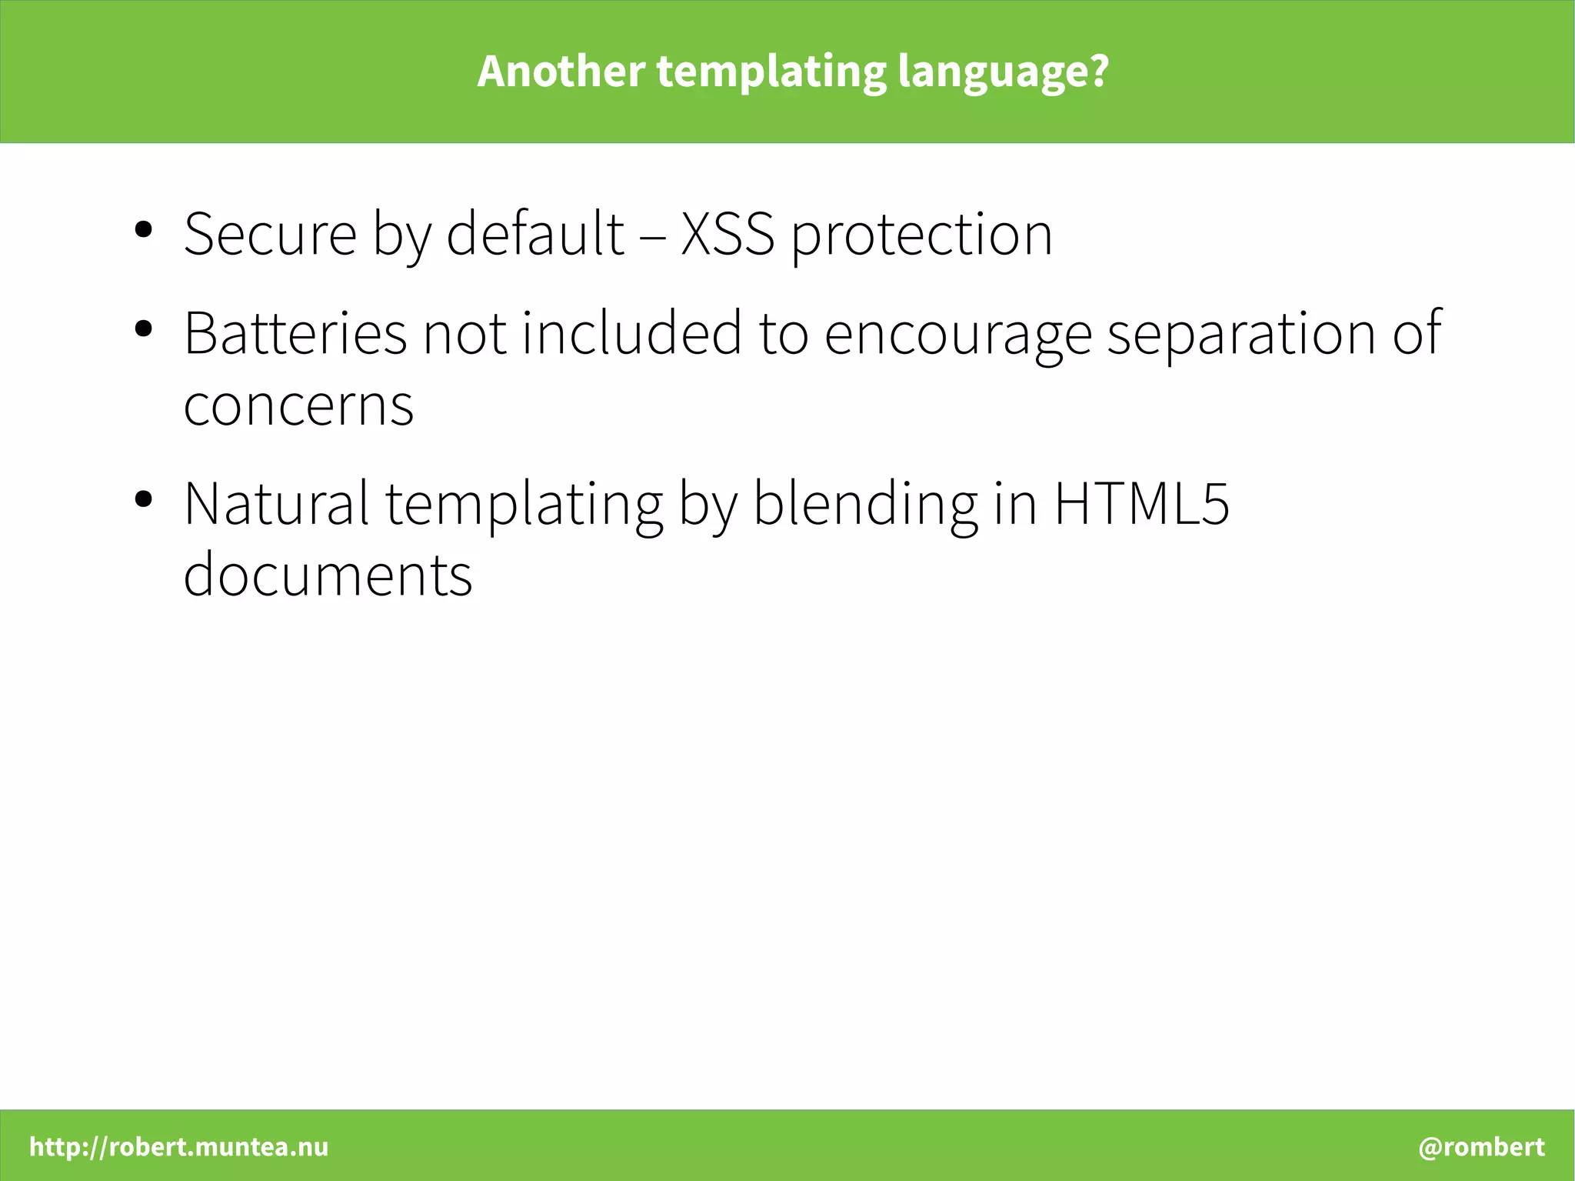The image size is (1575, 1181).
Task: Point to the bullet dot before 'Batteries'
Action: tap(143, 329)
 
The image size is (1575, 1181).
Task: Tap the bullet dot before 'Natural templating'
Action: tap(143, 499)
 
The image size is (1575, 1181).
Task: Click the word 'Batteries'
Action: tap(295, 332)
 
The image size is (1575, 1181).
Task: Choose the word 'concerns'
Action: tap(298, 405)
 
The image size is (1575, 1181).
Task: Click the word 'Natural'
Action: tap(276, 503)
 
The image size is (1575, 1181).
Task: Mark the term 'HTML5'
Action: tap(1141, 503)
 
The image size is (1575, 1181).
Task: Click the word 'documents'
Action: tap(328, 575)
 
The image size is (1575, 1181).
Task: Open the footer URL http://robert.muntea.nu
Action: tap(178, 1146)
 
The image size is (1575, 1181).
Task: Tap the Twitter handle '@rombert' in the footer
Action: tap(1481, 1146)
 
